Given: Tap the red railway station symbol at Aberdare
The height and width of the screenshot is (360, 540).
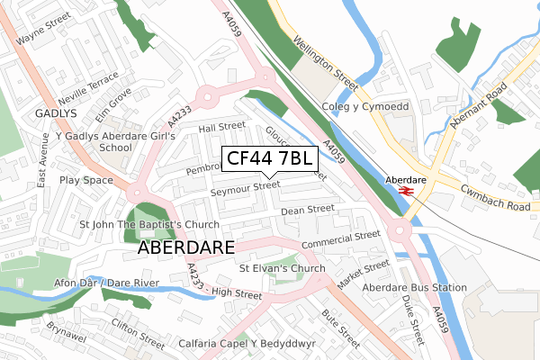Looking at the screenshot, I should [x=405, y=191].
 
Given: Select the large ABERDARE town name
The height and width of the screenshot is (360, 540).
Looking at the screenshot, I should [x=186, y=247].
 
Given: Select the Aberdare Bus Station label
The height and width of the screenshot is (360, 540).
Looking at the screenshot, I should [x=415, y=288].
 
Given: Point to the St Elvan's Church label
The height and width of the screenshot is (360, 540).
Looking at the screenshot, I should [x=282, y=268].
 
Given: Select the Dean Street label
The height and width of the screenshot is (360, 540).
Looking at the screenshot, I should [x=308, y=211].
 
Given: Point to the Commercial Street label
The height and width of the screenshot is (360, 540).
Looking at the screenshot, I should [x=342, y=241].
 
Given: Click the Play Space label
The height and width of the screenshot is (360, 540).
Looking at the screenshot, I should [x=86, y=180].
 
